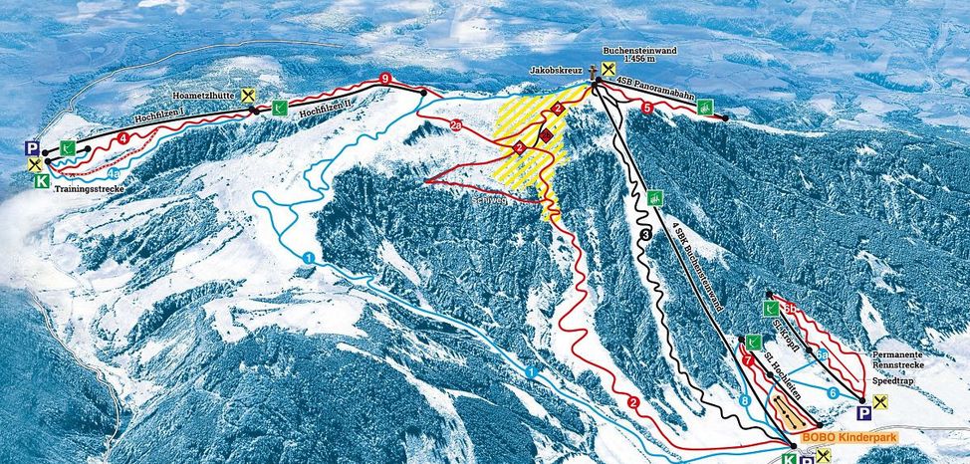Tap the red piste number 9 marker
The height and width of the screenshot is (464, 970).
click(x=385, y=80)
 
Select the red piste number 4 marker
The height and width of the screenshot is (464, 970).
click(x=122, y=138)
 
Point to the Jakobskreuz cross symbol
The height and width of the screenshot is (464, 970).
click(x=594, y=72)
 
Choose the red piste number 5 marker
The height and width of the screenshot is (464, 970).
click(x=647, y=107)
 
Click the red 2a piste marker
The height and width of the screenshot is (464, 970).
click(x=455, y=126)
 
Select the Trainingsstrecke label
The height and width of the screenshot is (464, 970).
click(x=89, y=187)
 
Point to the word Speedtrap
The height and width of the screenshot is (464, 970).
click(x=893, y=380)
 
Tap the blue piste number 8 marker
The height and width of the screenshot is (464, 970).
click(x=746, y=401)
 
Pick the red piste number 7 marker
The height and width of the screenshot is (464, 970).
click(x=747, y=359)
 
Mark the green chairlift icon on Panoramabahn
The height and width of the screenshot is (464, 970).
click(x=705, y=107)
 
